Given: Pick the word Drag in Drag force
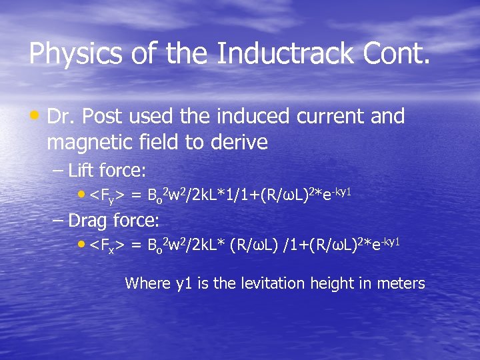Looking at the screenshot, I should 89,219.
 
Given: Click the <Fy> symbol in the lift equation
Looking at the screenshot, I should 107,195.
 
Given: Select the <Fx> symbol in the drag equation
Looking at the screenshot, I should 107,245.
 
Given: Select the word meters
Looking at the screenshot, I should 400,283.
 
